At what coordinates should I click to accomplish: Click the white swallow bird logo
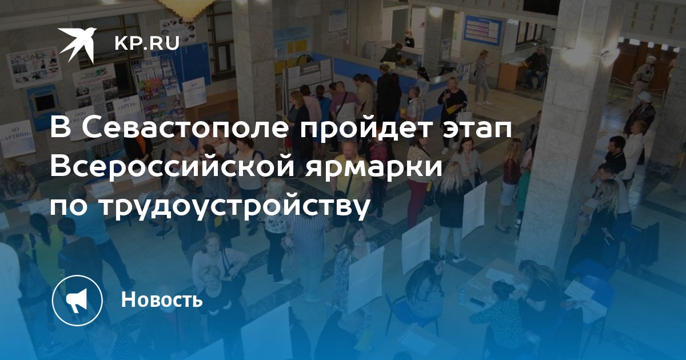point(78,44)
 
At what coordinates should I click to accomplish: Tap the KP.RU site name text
point(147,43)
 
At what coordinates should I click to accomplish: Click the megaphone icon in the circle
point(77,300)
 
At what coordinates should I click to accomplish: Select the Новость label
point(162,299)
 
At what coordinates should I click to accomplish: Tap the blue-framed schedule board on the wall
point(483,30)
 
